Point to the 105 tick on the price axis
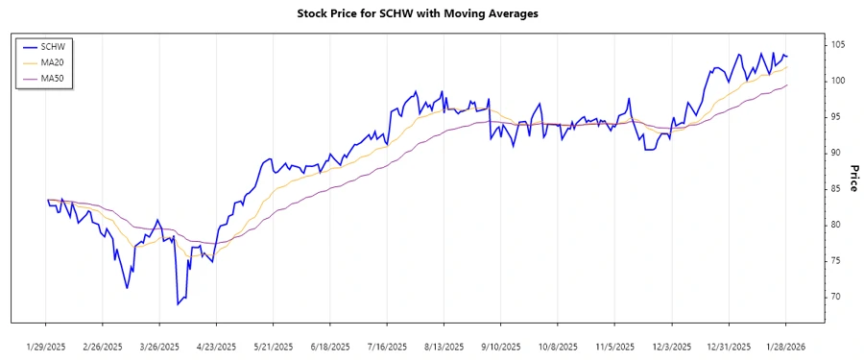point(838,45)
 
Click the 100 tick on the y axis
point(838,81)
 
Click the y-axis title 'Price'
point(853,177)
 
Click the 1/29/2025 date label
point(46,346)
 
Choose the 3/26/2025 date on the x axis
point(159,346)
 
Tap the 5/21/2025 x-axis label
point(274,346)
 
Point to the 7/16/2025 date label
point(387,346)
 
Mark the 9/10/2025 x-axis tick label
point(501,346)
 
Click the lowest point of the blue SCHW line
point(178,304)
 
